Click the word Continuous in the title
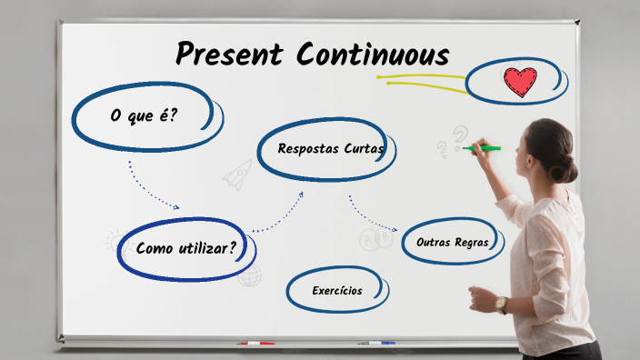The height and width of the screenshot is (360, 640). point(373,55)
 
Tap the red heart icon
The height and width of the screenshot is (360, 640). point(519,83)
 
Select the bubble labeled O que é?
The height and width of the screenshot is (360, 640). point(145,115)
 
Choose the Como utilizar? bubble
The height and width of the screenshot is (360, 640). point(187,247)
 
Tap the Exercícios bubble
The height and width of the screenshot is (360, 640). point(336,291)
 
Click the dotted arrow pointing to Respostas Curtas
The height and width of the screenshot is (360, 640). point(277,214)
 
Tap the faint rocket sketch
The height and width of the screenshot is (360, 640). point(237,174)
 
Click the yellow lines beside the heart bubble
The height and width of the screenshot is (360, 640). point(423,84)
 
